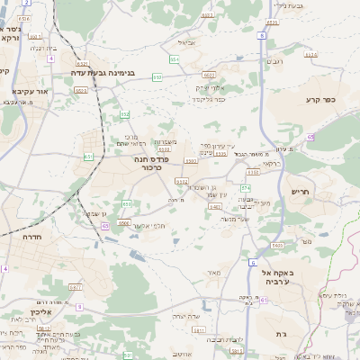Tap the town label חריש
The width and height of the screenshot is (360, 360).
pyautogui.click(x=300, y=192)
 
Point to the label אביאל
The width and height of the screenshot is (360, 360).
pyautogui.click(x=187, y=42)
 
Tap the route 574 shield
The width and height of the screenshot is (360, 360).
pyautogui.click(x=245, y=187)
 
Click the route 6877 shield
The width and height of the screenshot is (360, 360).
pyautogui.click(x=75, y=286)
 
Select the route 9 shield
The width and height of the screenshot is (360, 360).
pyautogui.click(x=79, y=307)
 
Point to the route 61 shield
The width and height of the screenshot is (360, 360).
pyautogui.click(x=88, y=157)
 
